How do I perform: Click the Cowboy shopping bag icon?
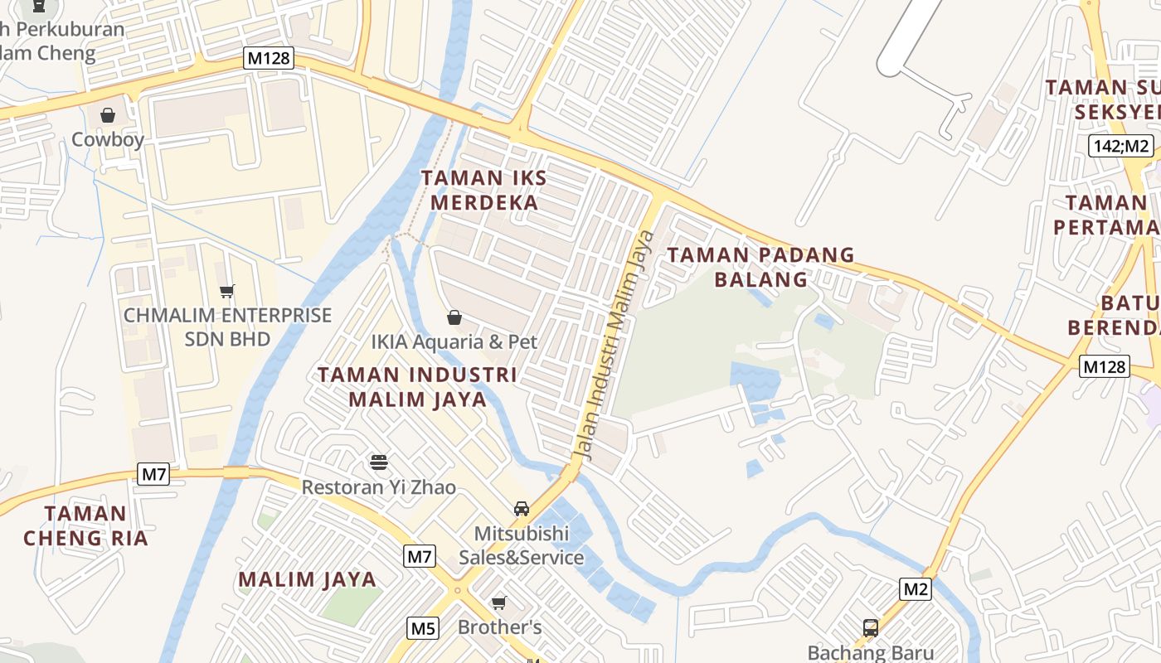pyautogui.click(x=108, y=115)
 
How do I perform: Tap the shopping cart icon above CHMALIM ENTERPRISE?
pyautogui.click(x=226, y=291)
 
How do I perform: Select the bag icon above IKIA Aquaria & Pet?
pyautogui.click(x=454, y=317)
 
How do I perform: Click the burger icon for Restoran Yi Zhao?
pyautogui.click(x=379, y=462)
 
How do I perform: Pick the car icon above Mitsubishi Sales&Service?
pyautogui.click(x=522, y=508)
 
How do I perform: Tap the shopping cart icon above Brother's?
pyautogui.click(x=499, y=603)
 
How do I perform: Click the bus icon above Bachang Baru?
pyautogui.click(x=871, y=627)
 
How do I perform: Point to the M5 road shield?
pyautogui.click(x=423, y=628)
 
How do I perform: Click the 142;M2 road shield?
pyautogui.click(x=1121, y=146)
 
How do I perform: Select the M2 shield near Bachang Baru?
pyautogui.click(x=916, y=589)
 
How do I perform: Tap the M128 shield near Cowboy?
pyautogui.click(x=269, y=57)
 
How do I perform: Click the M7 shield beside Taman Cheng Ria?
pyautogui.click(x=154, y=474)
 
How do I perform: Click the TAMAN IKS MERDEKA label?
pyautogui.click(x=480, y=191)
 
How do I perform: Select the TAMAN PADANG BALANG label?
pyautogui.click(x=760, y=267)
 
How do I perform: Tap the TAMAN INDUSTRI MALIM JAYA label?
pyautogui.click(x=417, y=387)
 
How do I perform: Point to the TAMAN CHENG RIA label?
pyautogui.click(x=85, y=526)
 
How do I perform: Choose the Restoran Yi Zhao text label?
pyautogui.click(x=378, y=487)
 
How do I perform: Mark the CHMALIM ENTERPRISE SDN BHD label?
pyautogui.click(x=227, y=327)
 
